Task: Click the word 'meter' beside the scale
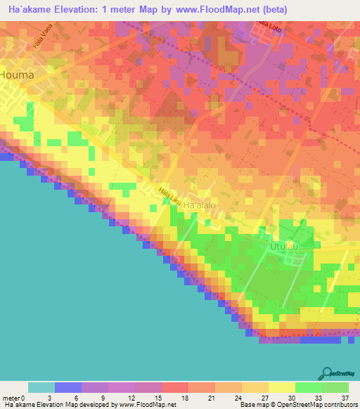(x=12, y=397)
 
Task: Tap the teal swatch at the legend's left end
(x=41, y=387)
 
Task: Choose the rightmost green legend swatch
(x=335, y=387)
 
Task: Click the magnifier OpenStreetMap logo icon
(x=327, y=372)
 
